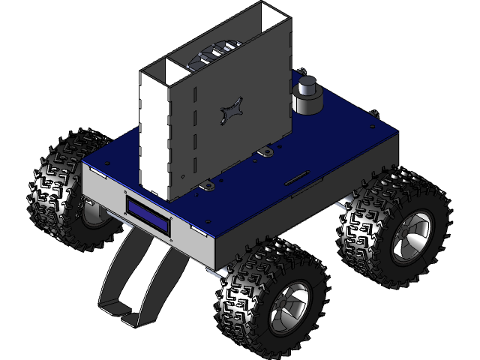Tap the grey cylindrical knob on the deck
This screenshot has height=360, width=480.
point(307,95)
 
